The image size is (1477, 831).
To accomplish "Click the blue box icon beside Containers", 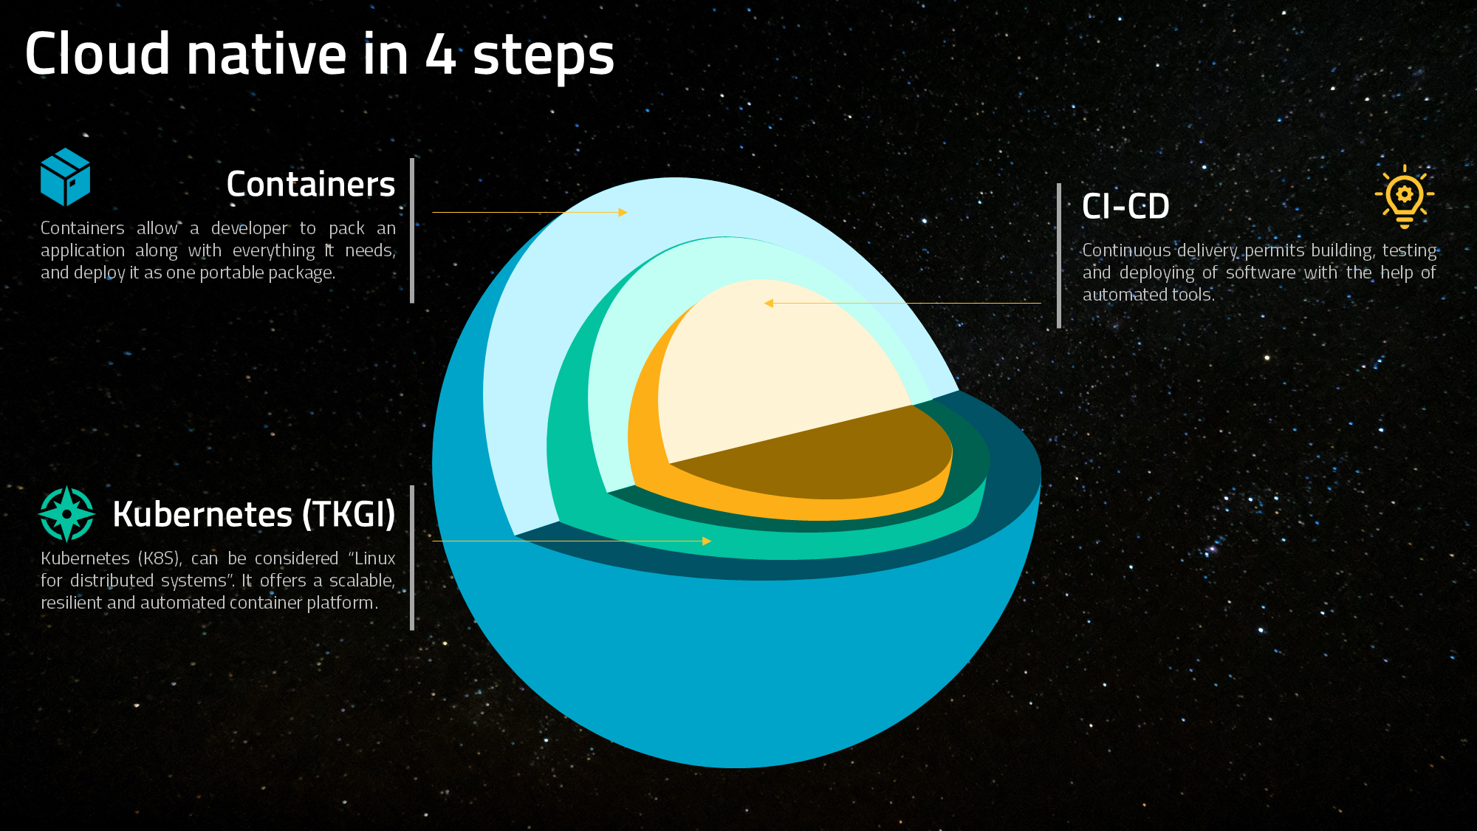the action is click(65, 177).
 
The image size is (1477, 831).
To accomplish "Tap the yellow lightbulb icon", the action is click(1404, 196).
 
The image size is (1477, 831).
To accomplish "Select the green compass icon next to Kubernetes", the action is click(66, 513).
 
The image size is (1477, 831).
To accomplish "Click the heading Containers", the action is click(311, 184).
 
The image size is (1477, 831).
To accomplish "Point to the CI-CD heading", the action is click(1125, 206).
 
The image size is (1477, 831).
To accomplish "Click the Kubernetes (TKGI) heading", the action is click(254, 514).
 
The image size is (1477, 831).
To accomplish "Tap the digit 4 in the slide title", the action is click(440, 54).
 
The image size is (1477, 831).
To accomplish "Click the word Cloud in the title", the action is click(97, 54).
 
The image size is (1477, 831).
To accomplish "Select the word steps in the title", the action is click(544, 58).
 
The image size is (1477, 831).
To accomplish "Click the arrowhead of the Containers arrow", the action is click(623, 212).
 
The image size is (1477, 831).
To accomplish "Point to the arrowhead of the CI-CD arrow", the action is click(769, 303).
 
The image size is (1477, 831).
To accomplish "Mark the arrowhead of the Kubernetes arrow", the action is click(707, 541).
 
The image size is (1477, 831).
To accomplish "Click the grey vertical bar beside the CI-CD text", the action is click(1059, 256).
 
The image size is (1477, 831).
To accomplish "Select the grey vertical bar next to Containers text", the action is click(412, 230).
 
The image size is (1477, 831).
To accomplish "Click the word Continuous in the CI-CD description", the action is click(1126, 250).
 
